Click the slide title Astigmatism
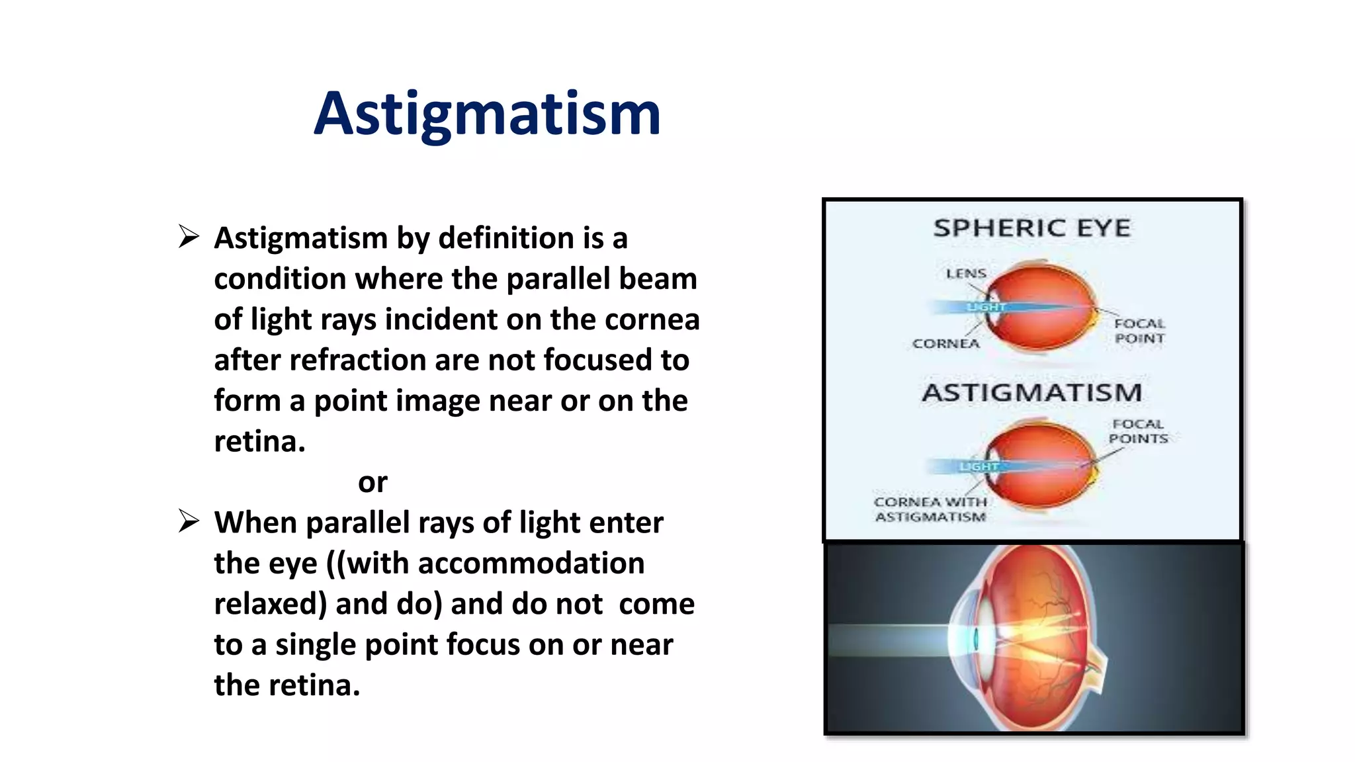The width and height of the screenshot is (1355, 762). tap(488, 114)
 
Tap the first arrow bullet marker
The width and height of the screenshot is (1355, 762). tap(189, 237)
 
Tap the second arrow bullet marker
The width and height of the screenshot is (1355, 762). tap(189, 522)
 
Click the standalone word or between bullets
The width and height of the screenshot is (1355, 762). tap(372, 482)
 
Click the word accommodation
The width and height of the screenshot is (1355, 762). tap(531, 564)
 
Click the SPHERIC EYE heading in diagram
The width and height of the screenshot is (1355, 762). tap(1031, 228)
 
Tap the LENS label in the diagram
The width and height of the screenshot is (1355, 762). tap(965, 273)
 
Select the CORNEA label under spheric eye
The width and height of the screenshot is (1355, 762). tap(945, 343)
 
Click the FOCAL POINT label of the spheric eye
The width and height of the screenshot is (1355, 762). tap(1139, 331)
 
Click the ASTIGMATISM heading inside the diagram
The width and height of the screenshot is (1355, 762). tap(1031, 393)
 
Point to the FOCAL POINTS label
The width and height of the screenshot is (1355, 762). tap(1138, 431)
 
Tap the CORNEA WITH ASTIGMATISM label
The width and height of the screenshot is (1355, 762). tap(930, 509)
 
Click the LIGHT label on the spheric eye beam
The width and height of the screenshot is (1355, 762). tap(985, 307)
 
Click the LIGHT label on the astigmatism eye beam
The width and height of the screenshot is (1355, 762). tap(979, 466)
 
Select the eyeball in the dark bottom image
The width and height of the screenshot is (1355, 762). tap(1032, 638)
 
